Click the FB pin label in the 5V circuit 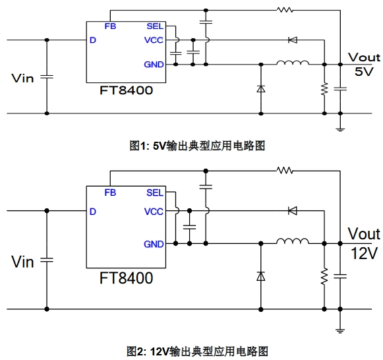pyautogui.click(x=110, y=26)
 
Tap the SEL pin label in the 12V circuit pyautogui.click(x=155, y=193)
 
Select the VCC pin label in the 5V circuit pyautogui.click(x=154, y=40)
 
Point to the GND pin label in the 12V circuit pyautogui.click(x=154, y=244)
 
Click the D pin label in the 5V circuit pyautogui.click(x=93, y=40)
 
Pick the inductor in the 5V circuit pyautogui.click(x=293, y=63)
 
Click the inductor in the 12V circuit pyautogui.click(x=293, y=241)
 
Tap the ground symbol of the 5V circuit pyautogui.click(x=340, y=129)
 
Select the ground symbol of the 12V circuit pyautogui.click(x=340, y=331)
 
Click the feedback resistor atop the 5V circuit pyautogui.click(x=285, y=10)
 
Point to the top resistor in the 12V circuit pyautogui.click(x=285, y=170)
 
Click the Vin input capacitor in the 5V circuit pyautogui.click(x=47, y=77)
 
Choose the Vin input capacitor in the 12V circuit pyautogui.click(x=47, y=260)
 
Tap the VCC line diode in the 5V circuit pyautogui.click(x=293, y=40)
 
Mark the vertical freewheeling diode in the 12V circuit pyautogui.click(x=261, y=276)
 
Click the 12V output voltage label pyautogui.click(x=364, y=253)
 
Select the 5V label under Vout pyautogui.click(x=364, y=72)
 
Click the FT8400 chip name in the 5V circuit pyautogui.click(x=127, y=90)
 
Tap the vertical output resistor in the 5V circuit pyautogui.click(x=324, y=89)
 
